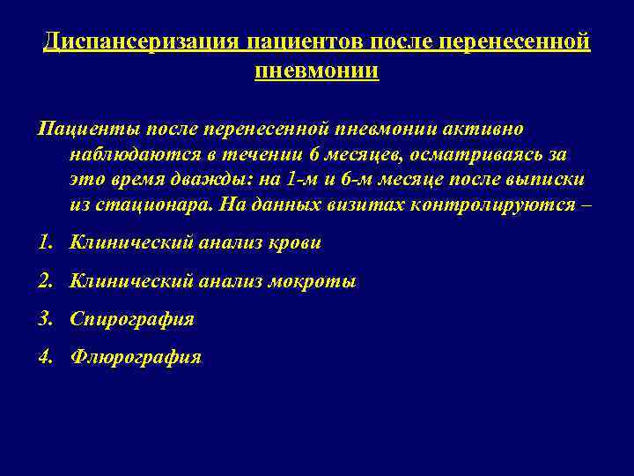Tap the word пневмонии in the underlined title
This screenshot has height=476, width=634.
click(317, 70)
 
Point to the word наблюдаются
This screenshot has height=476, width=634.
click(129, 154)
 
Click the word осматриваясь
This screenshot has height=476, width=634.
click(481, 154)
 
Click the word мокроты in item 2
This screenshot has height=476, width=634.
click(314, 282)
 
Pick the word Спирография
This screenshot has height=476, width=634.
click(131, 320)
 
